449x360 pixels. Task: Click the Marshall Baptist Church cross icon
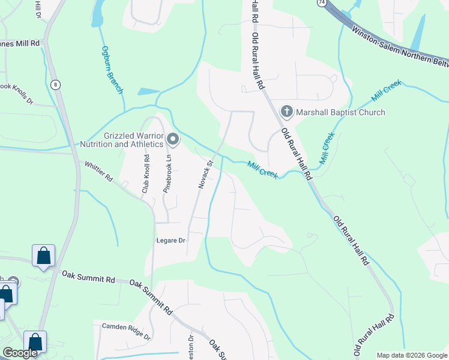click(x=287, y=112)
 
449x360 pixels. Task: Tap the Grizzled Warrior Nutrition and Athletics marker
click(x=173, y=140)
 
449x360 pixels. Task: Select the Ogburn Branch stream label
click(x=112, y=70)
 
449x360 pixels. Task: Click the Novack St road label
click(x=206, y=175)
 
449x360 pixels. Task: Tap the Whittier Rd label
click(x=99, y=171)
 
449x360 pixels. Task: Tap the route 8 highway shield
click(x=55, y=85)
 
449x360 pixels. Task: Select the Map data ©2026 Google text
click(x=412, y=355)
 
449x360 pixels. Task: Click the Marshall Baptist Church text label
click(x=340, y=112)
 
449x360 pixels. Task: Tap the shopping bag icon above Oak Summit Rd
click(x=44, y=256)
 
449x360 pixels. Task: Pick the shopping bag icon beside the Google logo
click(x=35, y=343)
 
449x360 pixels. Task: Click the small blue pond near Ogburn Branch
click(x=148, y=92)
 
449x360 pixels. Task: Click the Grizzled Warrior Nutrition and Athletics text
click(x=125, y=140)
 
